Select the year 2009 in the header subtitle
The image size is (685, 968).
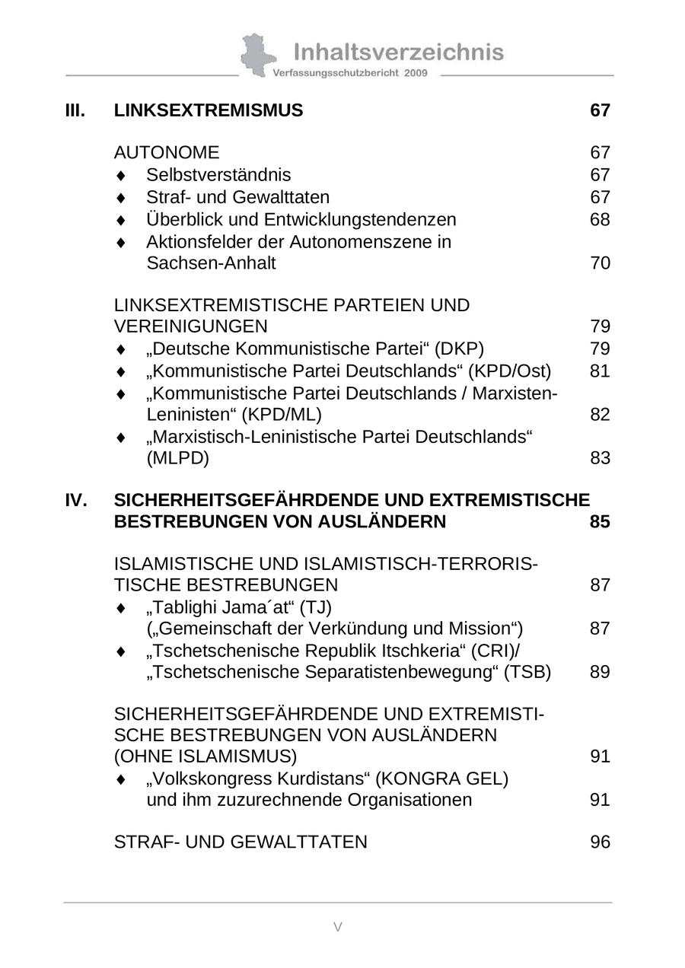tap(416, 73)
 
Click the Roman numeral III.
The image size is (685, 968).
tap(75, 110)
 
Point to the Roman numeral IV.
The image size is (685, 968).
tap(76, 500)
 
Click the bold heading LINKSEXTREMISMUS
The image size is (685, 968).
tap(208, 110)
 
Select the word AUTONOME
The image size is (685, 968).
tap(166, 153)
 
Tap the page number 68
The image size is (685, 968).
tap(600, 220)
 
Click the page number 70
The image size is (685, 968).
tap(600, 263)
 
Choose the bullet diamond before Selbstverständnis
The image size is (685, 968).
tap(120, 176)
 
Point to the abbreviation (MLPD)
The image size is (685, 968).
tap(177, 458)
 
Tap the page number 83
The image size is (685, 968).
tap(600, 458)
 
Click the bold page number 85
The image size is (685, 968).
tap(600, 522)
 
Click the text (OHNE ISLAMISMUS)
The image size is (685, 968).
tap(205, 756)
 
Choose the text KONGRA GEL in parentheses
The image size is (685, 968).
tap(442, 779)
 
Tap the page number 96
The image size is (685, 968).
tap(600, 842)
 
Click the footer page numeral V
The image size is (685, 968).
tap(338, 926)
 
